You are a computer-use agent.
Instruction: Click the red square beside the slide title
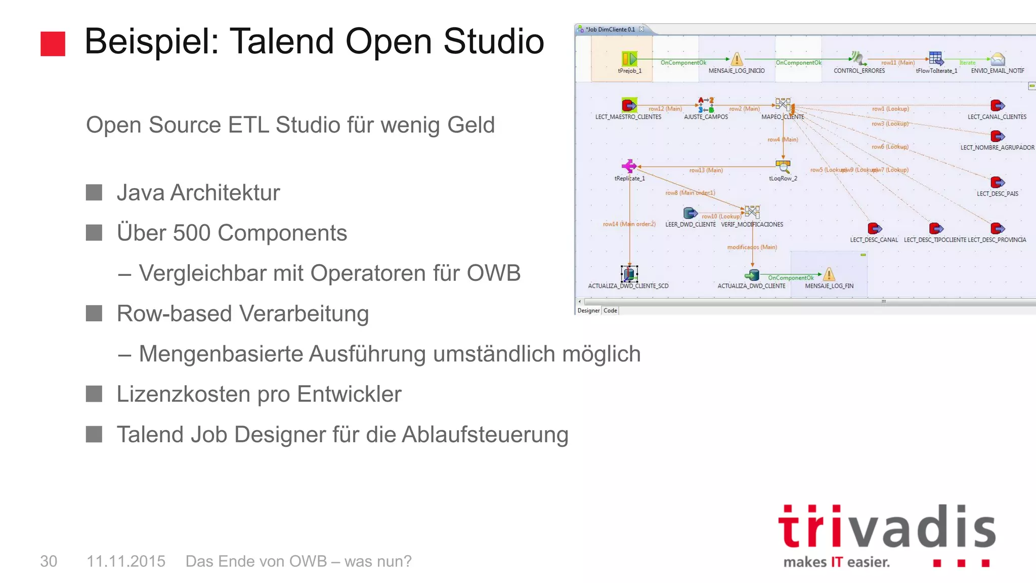(x=53, y=44)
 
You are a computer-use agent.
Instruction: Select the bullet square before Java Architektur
(x=94, y=192)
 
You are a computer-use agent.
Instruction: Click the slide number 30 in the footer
(x=49, y=561)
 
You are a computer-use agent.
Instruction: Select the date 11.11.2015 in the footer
(x=126, y=561)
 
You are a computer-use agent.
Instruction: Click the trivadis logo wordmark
(x=886, y=527)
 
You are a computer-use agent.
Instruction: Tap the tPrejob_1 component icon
(x=629, y=59)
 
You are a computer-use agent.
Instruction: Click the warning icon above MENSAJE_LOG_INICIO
(x=737, y=59)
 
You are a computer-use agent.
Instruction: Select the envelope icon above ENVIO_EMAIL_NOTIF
(x=998, y=59)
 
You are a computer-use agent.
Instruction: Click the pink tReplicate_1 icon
(x=629, y=166)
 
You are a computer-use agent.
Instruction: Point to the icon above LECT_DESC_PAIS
(x=998, y=182)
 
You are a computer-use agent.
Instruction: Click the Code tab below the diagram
(x=611, y=311)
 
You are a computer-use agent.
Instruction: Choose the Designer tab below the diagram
(x=588, y=311)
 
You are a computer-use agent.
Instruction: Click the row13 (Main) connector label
(x=706, y=171)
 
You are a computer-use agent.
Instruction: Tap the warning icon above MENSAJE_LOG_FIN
(x=829, y=274)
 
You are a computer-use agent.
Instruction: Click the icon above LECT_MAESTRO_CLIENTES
(x=629, y=105)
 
